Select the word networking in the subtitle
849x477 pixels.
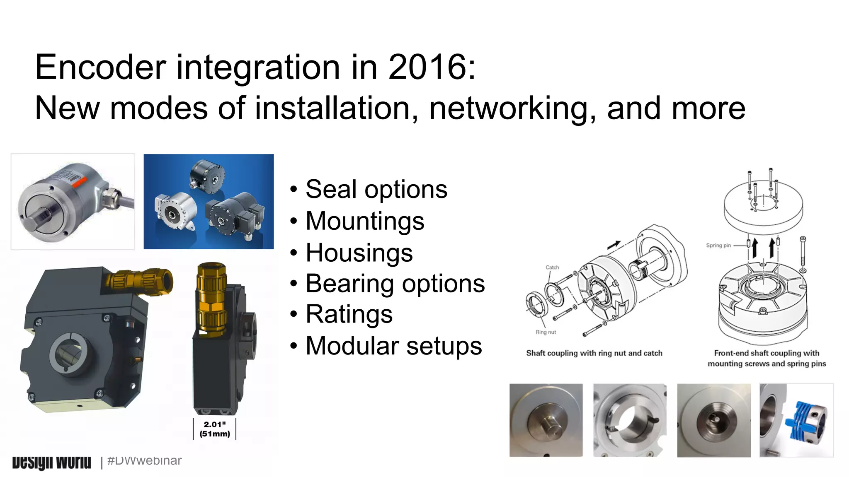click(512, 108)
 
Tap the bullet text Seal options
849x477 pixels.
click(376, 190)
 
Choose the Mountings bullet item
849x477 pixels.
click(365, 221)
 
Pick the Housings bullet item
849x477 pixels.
click(359, 253)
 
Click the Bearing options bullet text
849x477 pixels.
click(395, 284)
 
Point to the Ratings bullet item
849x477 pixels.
click(349, 314)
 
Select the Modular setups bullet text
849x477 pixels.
click(393, 346)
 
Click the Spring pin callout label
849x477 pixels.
click(718, 245)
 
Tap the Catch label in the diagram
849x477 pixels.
click(552, 267)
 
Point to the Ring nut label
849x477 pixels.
click(546, 332)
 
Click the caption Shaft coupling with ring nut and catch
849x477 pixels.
click(594, 353)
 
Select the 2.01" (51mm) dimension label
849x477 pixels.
click(214, 429)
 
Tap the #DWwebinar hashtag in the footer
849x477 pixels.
click(144, 460)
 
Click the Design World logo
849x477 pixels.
click(51, 462)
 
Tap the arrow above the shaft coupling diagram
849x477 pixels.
click(614, 245)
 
